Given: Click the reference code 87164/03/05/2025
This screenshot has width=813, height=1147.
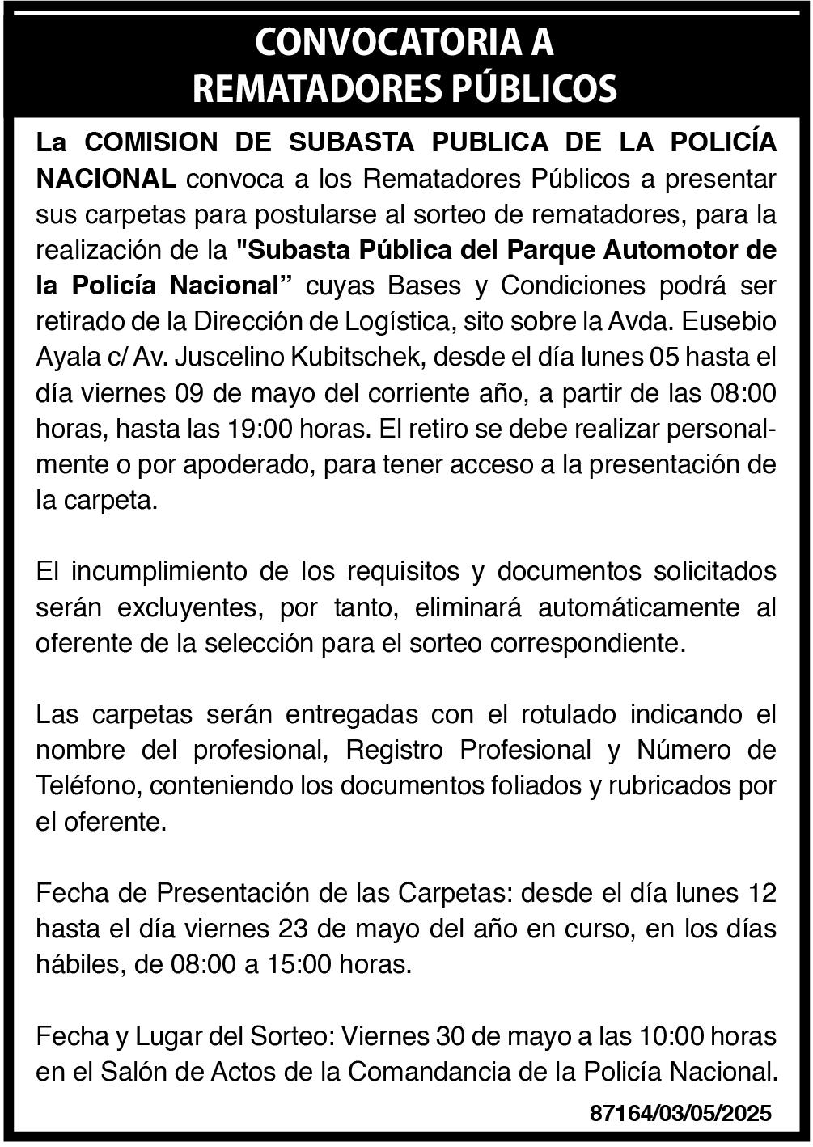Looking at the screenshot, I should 681,1113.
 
